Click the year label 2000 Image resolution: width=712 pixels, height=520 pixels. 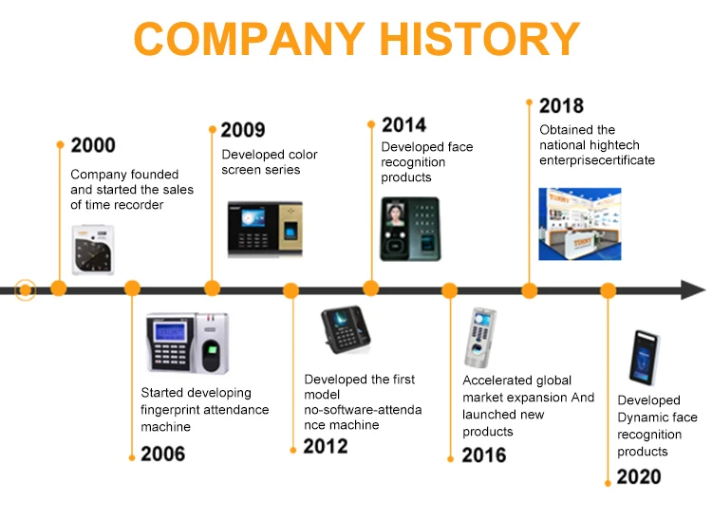tap(93, 145)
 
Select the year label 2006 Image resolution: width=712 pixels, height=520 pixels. tap(163, 454)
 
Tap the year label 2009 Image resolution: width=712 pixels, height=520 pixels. tap(243, 130)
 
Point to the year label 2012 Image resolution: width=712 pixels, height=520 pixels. tap(326, 447)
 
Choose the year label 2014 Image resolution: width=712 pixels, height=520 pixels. tap(404, 125)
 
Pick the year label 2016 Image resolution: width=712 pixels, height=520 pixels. tap(484, 455)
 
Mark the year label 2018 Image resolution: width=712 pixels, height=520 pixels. tap(562, 105)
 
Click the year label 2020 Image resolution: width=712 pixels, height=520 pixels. tap(639, 476)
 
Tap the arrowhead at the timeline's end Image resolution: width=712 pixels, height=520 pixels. tap(693, 290)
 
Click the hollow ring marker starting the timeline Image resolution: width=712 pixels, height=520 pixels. tap(26, 290)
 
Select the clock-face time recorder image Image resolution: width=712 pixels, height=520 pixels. tap(93, 250)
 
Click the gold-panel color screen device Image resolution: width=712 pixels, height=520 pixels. tap(265, 229)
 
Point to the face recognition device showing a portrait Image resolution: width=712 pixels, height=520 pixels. tap(410, 229)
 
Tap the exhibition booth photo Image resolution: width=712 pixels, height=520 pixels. tap(580, 224)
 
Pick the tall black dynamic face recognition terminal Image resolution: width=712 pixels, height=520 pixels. tap(645, 358)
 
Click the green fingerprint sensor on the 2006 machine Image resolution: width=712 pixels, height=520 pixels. tap(212, 349)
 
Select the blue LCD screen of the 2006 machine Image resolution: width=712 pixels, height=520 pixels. tap(170, 332)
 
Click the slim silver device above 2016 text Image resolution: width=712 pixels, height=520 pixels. tap(479, 338)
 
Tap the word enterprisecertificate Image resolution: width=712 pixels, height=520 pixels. tap(597, 160)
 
